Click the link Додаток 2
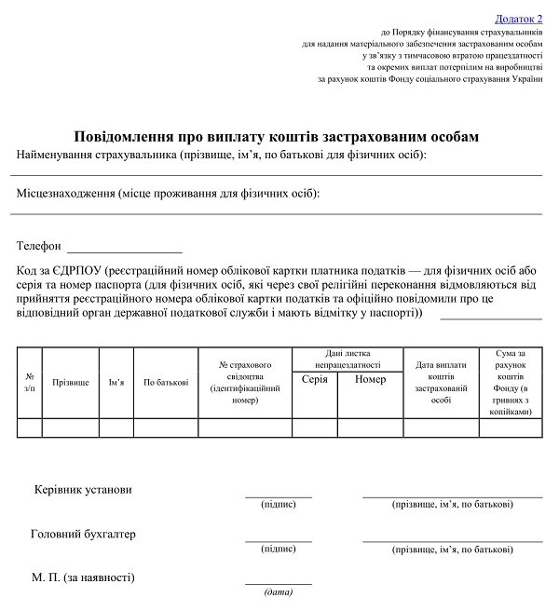pyautogui.click(x=519, y=18)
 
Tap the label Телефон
pyautogui.click(x=39, y=246)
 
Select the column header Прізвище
pyautogui.click(x=71, y=382)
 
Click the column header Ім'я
pyautogui.click(x=116, y=382)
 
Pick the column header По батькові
pyautogui.click(x=166, y=382)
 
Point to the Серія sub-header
pyautogui.click(x=315, y=379)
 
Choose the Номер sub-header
pyautogui.click(x=370, y=379)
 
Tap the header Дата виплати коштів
pyautogui.click(x=441, y=382)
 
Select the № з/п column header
pyautogui.click(x=29, y=382)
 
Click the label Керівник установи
pyautogui.click(x=83, y=489)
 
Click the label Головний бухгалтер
pyautogui.click(x=83, y=534)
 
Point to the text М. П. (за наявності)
pyautogui.click(x=83, y=577)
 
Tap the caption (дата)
pyautogui.click(x=279, y=592)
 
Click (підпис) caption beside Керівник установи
pyautogui.click(x=279, y=504)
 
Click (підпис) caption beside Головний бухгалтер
pyautogui.click(x=279, y=549)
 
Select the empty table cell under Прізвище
pyautogui.click(x=71, y=428)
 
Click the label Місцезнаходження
pyautogui.click(x=65, y=193)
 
